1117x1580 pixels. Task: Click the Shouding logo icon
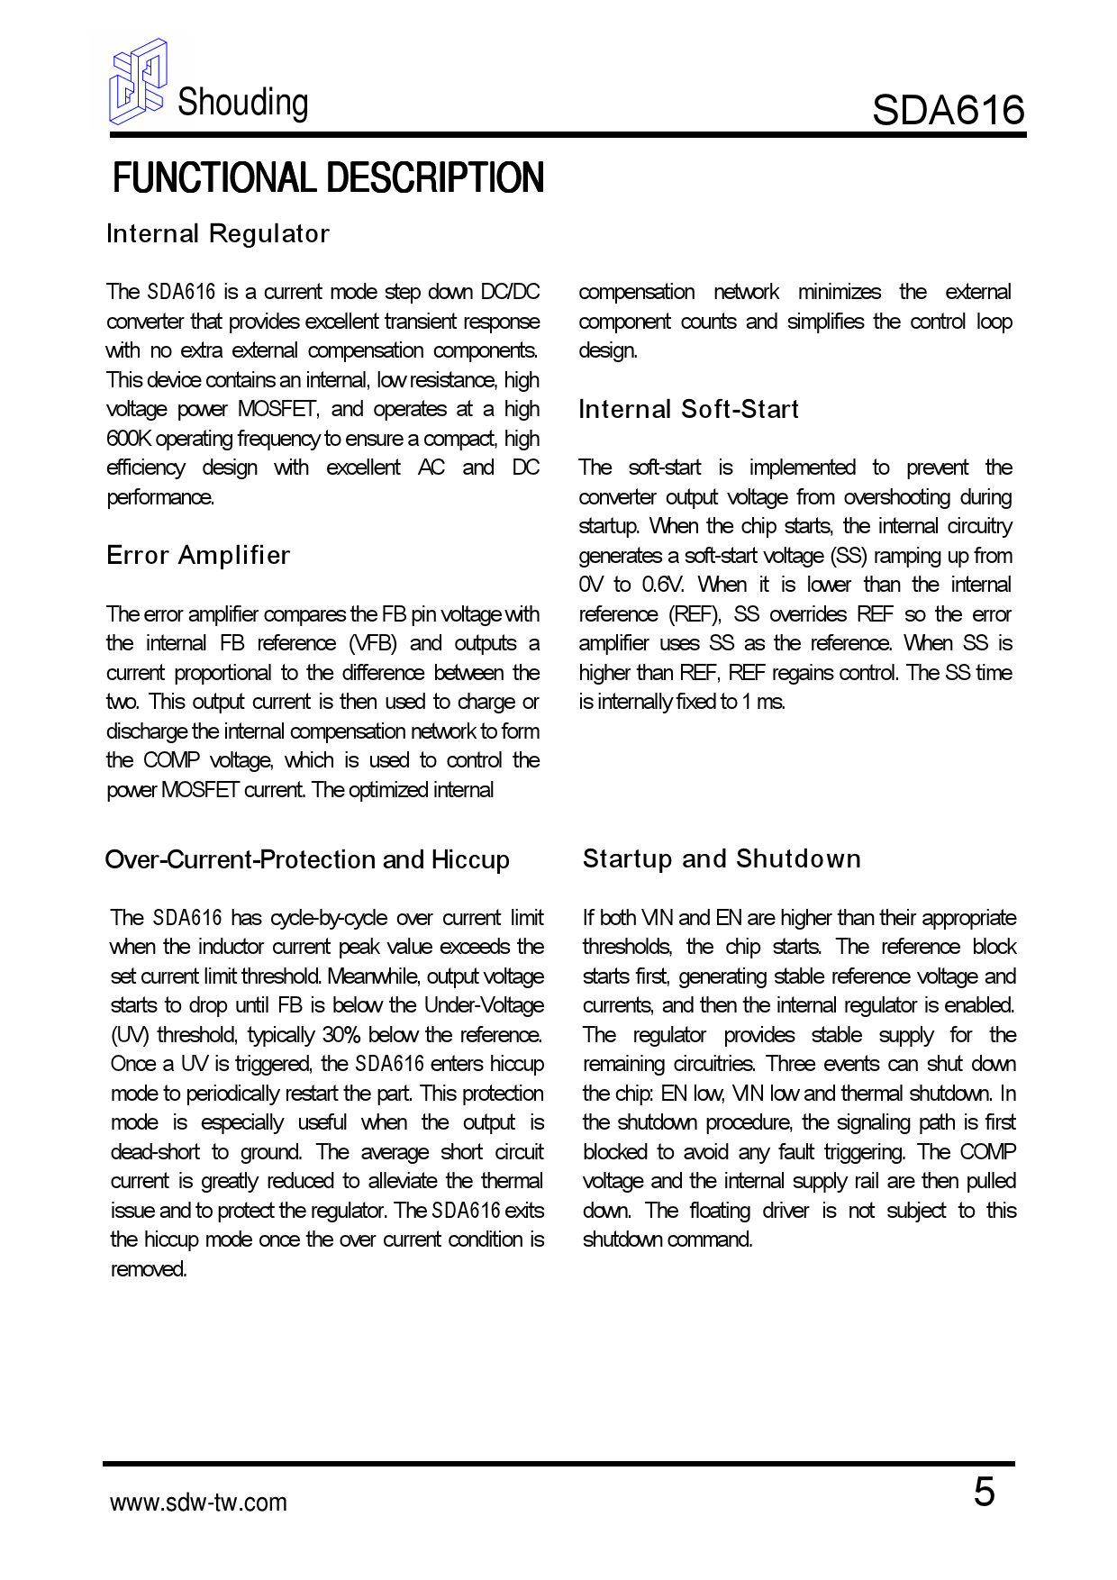pyautogui.click(x=137, y=81)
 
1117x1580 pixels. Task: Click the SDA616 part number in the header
pyautogui.click(x=948, y=110)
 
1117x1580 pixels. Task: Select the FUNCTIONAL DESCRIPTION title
pyautogui.click(x=328, y=178)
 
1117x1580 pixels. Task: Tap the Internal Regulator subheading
pyautogui.click(x=218, y=234)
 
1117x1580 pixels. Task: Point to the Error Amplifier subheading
pyautogui.click(x=198, y=555)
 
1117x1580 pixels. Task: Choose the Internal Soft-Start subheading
pyautogui.click(x=688, y=410)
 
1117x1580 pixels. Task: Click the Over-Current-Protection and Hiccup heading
pyautogui.click(x=307, y=859)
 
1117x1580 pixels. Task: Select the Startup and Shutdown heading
pyautogui.click(x=722, y=858)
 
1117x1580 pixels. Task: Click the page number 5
pyautogui.click(x=984, y=1493)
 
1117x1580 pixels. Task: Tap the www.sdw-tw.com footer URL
pyautogui.click(x=198, y=1503)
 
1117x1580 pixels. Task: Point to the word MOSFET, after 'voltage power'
pyautogui.click(x=277, y=410)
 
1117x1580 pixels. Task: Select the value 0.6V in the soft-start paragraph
pyautogui.click(x=663, y=585)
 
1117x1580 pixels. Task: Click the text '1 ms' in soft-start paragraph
pyautogui.click(x=763, y=702)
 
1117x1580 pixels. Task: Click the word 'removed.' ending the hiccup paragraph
pyautogui.click(x=149, y=1269)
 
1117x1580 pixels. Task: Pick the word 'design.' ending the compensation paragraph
pyautogui.click(x=607, y=350)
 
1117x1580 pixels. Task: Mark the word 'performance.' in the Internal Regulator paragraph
pyautogui.click(x=160, y=497)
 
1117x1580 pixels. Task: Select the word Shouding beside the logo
pyautogui.click(x=242, y=103)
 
